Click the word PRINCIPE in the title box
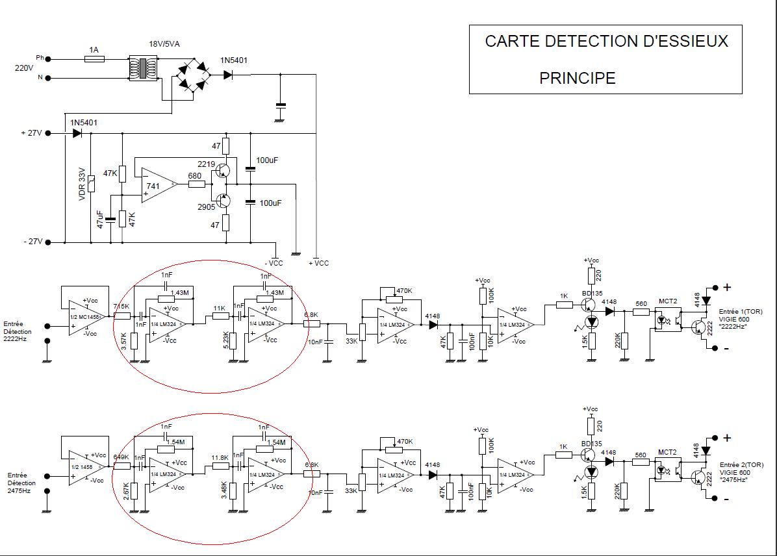(577, 78)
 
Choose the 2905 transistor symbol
(223, 200)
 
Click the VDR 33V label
(83, 185)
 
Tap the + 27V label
(31, 133)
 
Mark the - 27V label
(31, 242)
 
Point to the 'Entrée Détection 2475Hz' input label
(22, 483)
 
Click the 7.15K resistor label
(121, 307)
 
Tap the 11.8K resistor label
(220, 457)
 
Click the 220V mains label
(24, 68)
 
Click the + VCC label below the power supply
(318, 263)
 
